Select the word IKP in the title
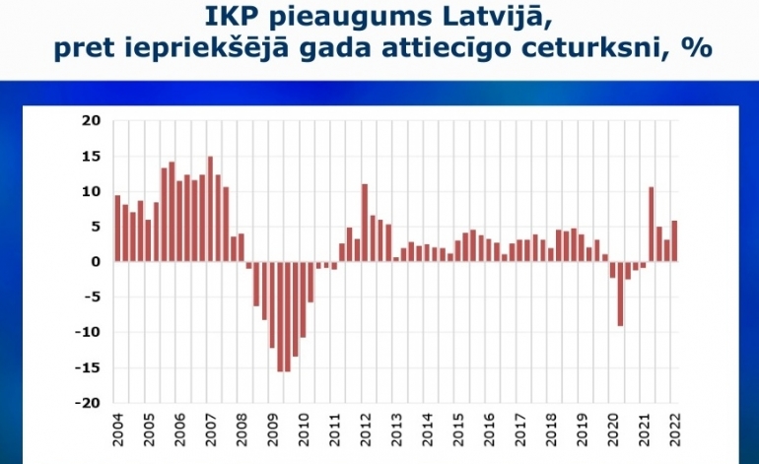pyautogui.click(x=236, y=16)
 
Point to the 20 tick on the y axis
pyautogui.click(x=92, y=121)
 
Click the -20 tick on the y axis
pyautogui.click(x=89, y=403)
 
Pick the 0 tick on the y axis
pyautogui.click(x=97, y=262)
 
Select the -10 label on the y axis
pyautogui.click(x=89, y=333)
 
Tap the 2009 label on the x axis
pyautogui.click(x=273, y=431)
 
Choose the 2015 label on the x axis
pyautogui.click(x=458, y=431)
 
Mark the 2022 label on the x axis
pyautogui.click(x=675, y=431)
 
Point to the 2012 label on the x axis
pyautogui.click(x=366, y=431)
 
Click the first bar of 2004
pyautogui.click(x=117, y=228)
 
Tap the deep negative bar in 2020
pyautogui.click(x=620, y=294)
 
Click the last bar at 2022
pyautogui.click(x=674, y=240)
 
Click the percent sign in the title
pyautogui.click(x=702, y=47)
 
